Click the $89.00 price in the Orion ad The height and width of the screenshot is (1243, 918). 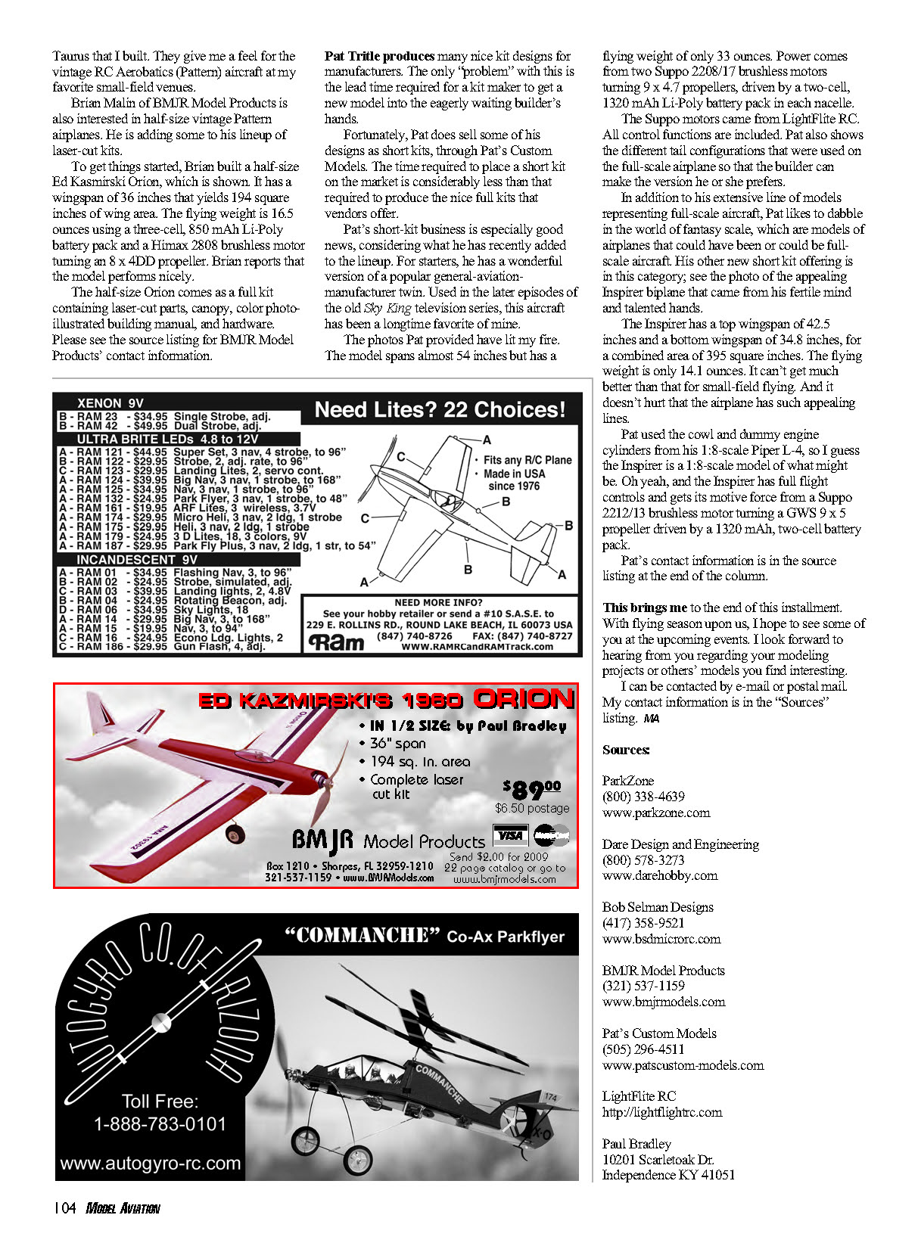point(532,790)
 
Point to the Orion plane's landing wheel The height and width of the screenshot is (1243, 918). point(236,834)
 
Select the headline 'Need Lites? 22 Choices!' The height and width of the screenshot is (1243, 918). point(440,410)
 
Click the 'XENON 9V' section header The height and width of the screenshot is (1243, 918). point(110,403)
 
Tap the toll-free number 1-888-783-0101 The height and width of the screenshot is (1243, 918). point(160,1123)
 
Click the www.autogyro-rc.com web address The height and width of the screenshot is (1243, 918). point(150,1163)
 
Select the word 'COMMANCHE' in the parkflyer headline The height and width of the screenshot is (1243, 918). point(363,936)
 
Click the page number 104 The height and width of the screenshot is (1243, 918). point(64,1208)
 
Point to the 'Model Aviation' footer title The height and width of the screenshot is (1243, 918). point(123,1208)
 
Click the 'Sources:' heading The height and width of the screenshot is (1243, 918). point(625,750)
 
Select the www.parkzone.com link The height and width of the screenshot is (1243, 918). point(655,813)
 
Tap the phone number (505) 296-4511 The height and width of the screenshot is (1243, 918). point(643,1049)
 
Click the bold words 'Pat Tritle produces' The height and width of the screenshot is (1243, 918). point(379,56)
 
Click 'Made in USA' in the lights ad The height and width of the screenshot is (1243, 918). point(514,474)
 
